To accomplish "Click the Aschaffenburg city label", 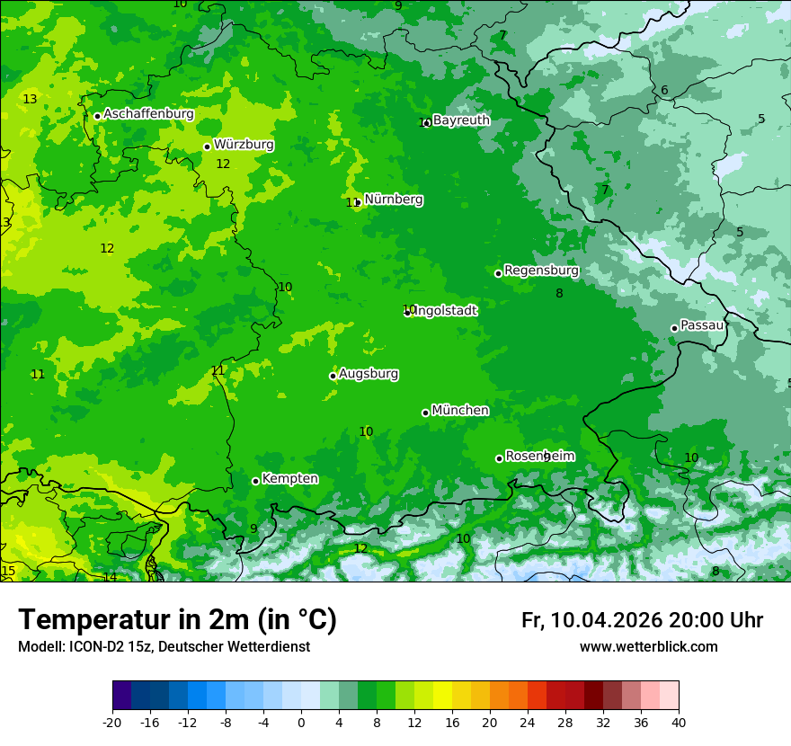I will pyautogui.click(x=148, y=114).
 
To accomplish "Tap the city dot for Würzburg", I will pyautogui.click(x=207, y=147).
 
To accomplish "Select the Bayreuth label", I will pyautogui.click(x=461, y=120).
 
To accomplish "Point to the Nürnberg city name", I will pyautogui.click(x=394, y=200).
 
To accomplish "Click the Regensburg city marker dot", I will pyautogui.click(x=498, y=273).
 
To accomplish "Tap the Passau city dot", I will pyautogui.click(x=674, y=328).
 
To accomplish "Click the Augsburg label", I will pyautogui.click(x=369, y=374).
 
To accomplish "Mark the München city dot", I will pyautogui.click(x=425, y=413).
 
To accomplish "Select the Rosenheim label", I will pyautogui.click(x=539, y=457).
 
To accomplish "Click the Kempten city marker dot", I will pyautogui.click(x=255, y=481).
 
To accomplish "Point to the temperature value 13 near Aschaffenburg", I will pyautogui.click(x=31, y=99).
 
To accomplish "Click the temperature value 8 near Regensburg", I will pyautogui.click(x=559, y=293).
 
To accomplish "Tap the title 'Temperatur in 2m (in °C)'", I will pyautogui.click(x=177, y=620).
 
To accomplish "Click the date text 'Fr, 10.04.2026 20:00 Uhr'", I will pyautogui.click(x=642, y=620).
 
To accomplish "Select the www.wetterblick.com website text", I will pyautogui.click(x=648, y=647).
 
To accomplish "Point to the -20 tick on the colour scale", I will pyautogui.click(x=112, y=722).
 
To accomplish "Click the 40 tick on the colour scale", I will pyautogui.click(x=679, y=722).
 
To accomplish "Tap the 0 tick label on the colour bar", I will pyautogui.click(x=301, y=722).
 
